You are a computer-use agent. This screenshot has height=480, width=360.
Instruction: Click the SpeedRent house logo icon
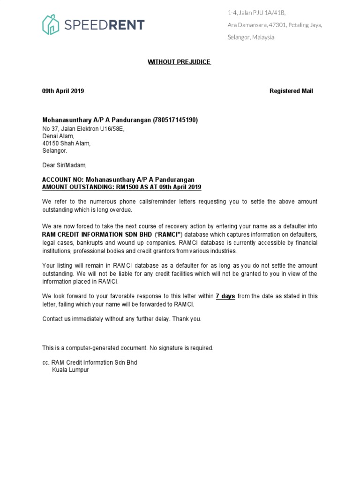click(x=50, y=24)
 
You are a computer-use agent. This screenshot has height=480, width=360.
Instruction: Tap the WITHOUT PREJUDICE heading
click(x=180, y=62)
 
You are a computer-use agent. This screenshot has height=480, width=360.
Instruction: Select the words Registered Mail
click(x=291, y=91)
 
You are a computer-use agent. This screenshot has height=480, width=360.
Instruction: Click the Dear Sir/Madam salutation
click(x=65, y=165)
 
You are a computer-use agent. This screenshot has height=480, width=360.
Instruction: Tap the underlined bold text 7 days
click(x=225, y=296)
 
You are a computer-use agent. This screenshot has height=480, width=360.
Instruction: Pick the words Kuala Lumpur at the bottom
click(x=70, y=370)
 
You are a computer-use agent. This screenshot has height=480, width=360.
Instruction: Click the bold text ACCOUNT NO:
click(x=63, y=180)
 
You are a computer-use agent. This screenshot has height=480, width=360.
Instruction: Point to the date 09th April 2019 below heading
click(x=63, y=91)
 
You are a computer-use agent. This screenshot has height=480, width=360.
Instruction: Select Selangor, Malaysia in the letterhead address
click(x=251, y=37)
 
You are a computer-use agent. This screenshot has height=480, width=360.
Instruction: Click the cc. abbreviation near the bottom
click(x=46, y=362)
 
